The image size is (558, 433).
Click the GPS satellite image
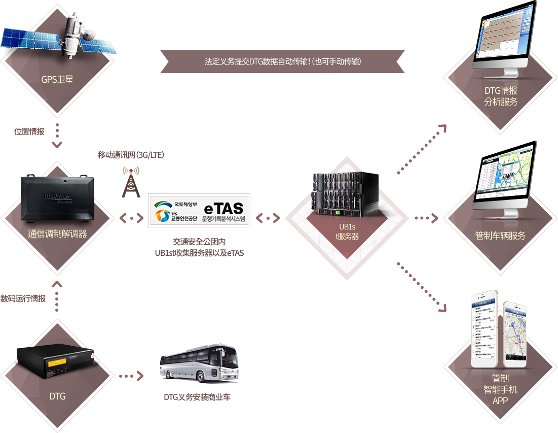click(x=58, y=38)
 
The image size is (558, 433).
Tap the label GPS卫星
click(x=58, y=79)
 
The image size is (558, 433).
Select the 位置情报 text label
click(x=29, y=132)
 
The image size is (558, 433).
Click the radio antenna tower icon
click(x=130, y=182)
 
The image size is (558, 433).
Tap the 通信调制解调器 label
click(x=58, y=234)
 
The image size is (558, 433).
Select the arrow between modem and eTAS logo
click(x=131, y=218)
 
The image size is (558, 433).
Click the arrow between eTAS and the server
click(x=268, y=218)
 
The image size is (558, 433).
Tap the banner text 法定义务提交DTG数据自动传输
click(x=283, y=61)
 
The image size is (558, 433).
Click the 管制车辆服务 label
click(x=500, y=236)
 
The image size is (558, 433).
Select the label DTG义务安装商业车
click(x=197, y=397)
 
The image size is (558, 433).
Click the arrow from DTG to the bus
click(x=130, y=377)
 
